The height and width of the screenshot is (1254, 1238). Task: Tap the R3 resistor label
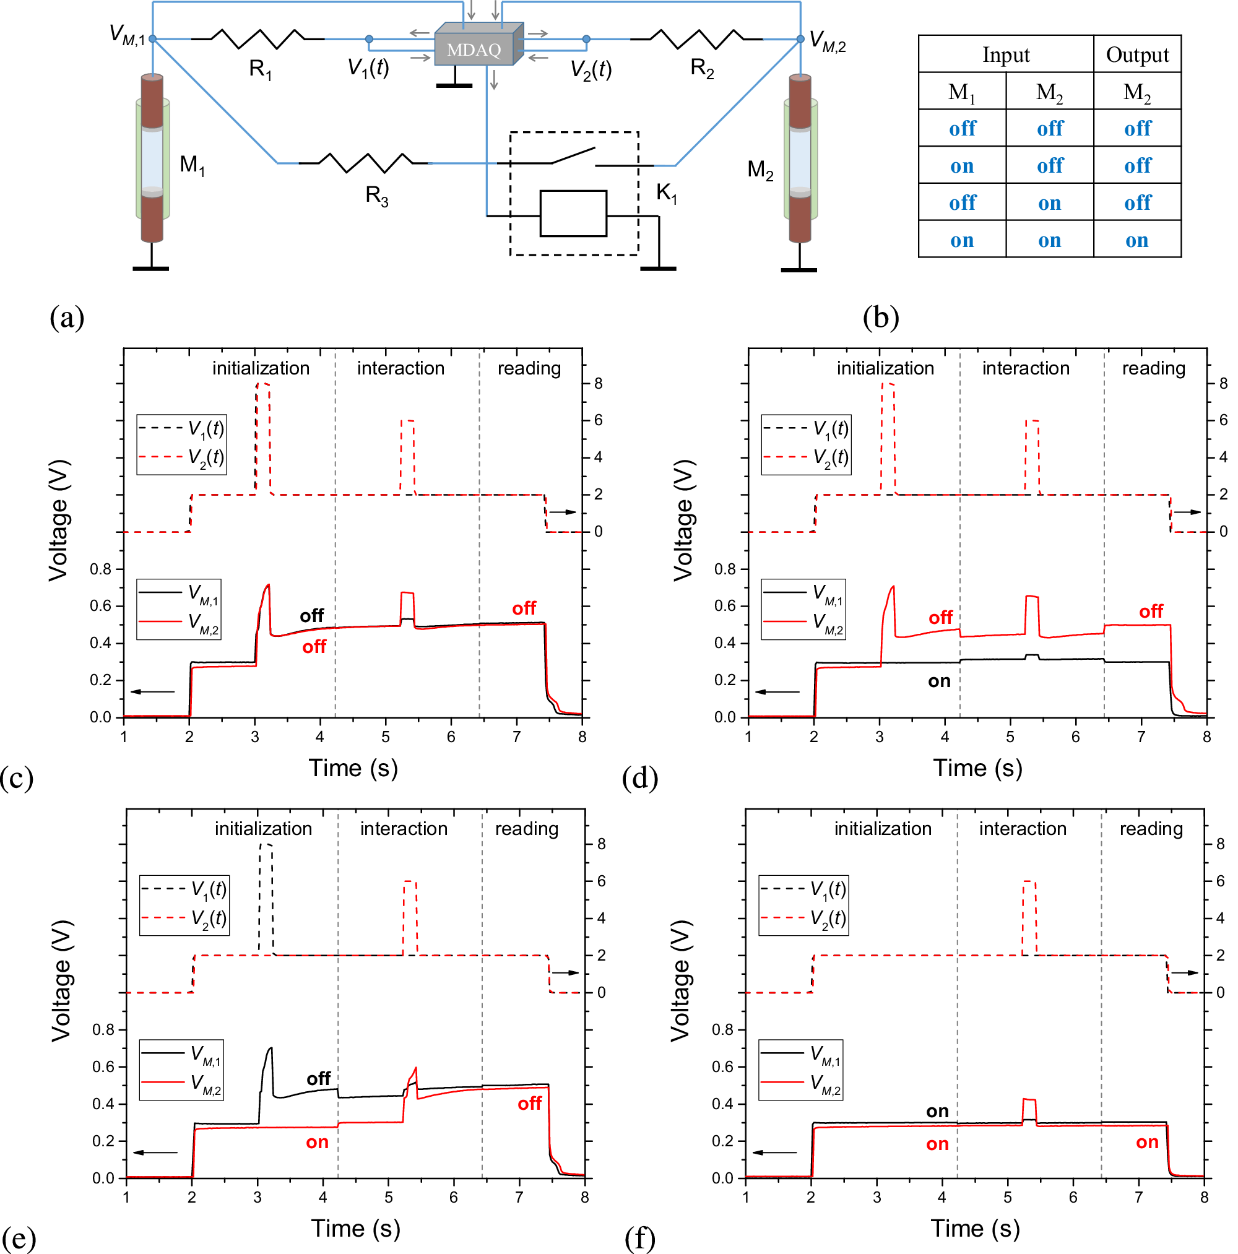[376, 196]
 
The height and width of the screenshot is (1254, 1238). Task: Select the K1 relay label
[666, 192]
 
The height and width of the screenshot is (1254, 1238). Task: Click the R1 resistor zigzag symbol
[258, 39]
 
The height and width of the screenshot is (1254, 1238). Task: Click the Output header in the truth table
[1136, 54]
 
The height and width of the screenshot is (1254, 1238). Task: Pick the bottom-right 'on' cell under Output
[1136, 240]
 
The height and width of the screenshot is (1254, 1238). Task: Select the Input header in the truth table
[1006, 54]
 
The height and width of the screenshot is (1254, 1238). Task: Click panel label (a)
[67, 318]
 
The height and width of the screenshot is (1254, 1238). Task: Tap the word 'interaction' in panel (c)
[400, 368]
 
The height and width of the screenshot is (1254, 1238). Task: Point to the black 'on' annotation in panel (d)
[939, 681]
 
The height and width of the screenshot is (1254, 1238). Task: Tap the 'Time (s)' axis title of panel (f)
[975, 1229]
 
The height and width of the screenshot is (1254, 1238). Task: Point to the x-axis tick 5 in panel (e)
[388, 1198]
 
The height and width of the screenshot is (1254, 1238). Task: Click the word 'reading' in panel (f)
[1151, 829]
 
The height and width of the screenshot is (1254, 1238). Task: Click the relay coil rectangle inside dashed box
[573, 214]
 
